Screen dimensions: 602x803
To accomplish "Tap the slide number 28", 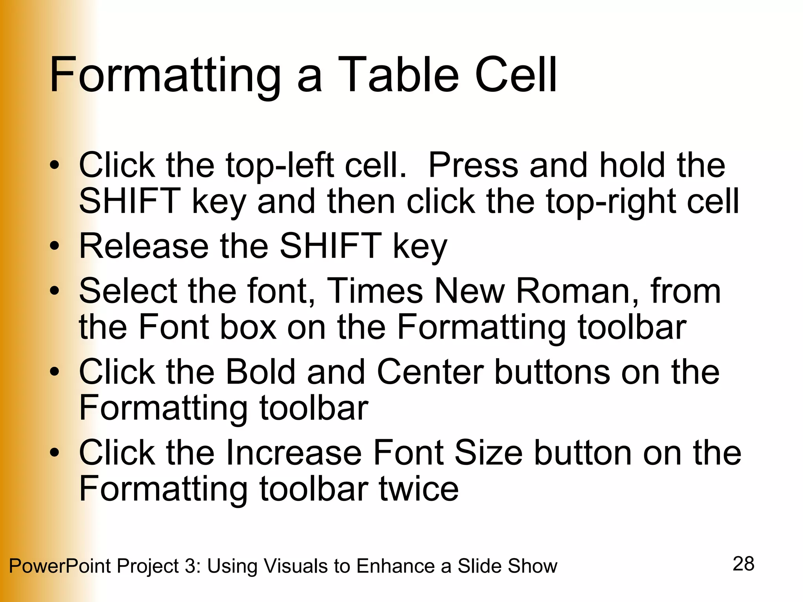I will pyautogui.click(x=743, y=564).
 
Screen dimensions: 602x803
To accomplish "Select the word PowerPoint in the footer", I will pyautogui.click(x=60, y=566).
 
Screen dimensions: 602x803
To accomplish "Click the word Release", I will pyautogui.click(x=144, y=246).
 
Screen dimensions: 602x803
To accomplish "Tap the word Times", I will pyautogui.click(x=375, y=291).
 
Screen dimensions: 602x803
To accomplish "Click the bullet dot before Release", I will pyautogui.click(x=55, y=247).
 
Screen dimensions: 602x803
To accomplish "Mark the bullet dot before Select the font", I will pyautogui.click(x=55, y=291).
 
